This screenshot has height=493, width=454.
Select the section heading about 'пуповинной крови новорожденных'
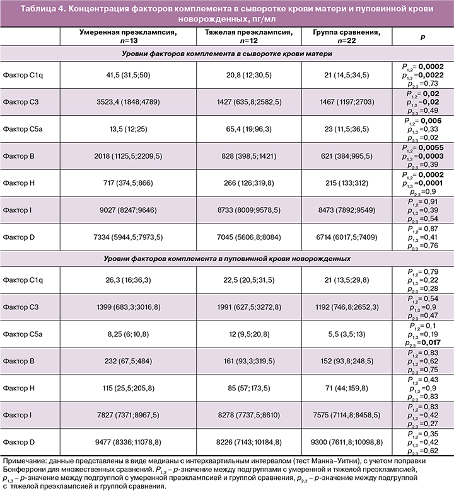pos(227,258)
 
